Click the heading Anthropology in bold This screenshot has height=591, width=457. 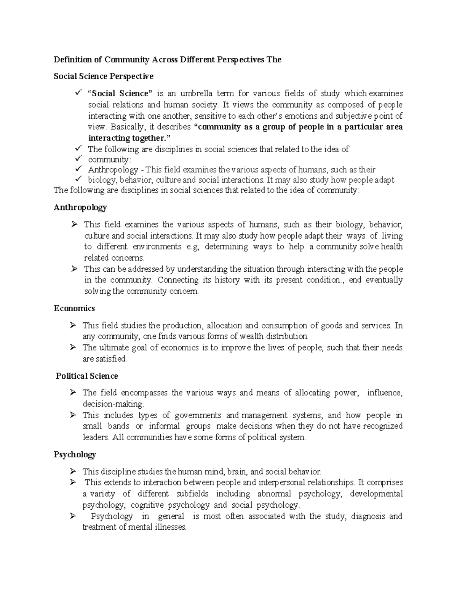[80, 208]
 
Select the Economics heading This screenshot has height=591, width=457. [74, 308]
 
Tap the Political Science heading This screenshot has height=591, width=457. [86, 376]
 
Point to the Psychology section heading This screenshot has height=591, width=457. [75, 455]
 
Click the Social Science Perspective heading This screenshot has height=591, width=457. [104, 76]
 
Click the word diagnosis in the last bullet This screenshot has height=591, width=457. [368, 516]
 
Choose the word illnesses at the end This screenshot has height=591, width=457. [169, 527]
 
